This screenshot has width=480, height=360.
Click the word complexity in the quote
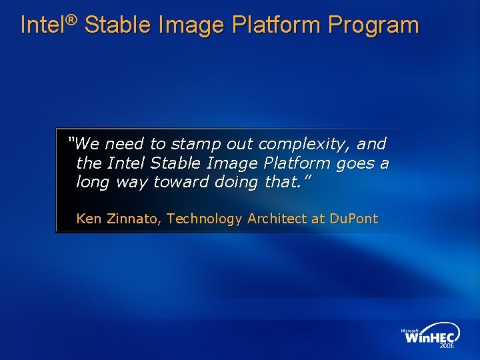[305, 145]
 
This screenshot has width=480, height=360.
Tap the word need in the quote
[124, 144]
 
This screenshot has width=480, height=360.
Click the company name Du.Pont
[353, 219]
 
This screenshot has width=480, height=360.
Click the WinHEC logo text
[430, 338]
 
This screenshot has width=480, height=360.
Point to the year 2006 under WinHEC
[446, 347]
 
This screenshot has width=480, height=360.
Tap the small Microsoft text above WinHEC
[410, 330]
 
